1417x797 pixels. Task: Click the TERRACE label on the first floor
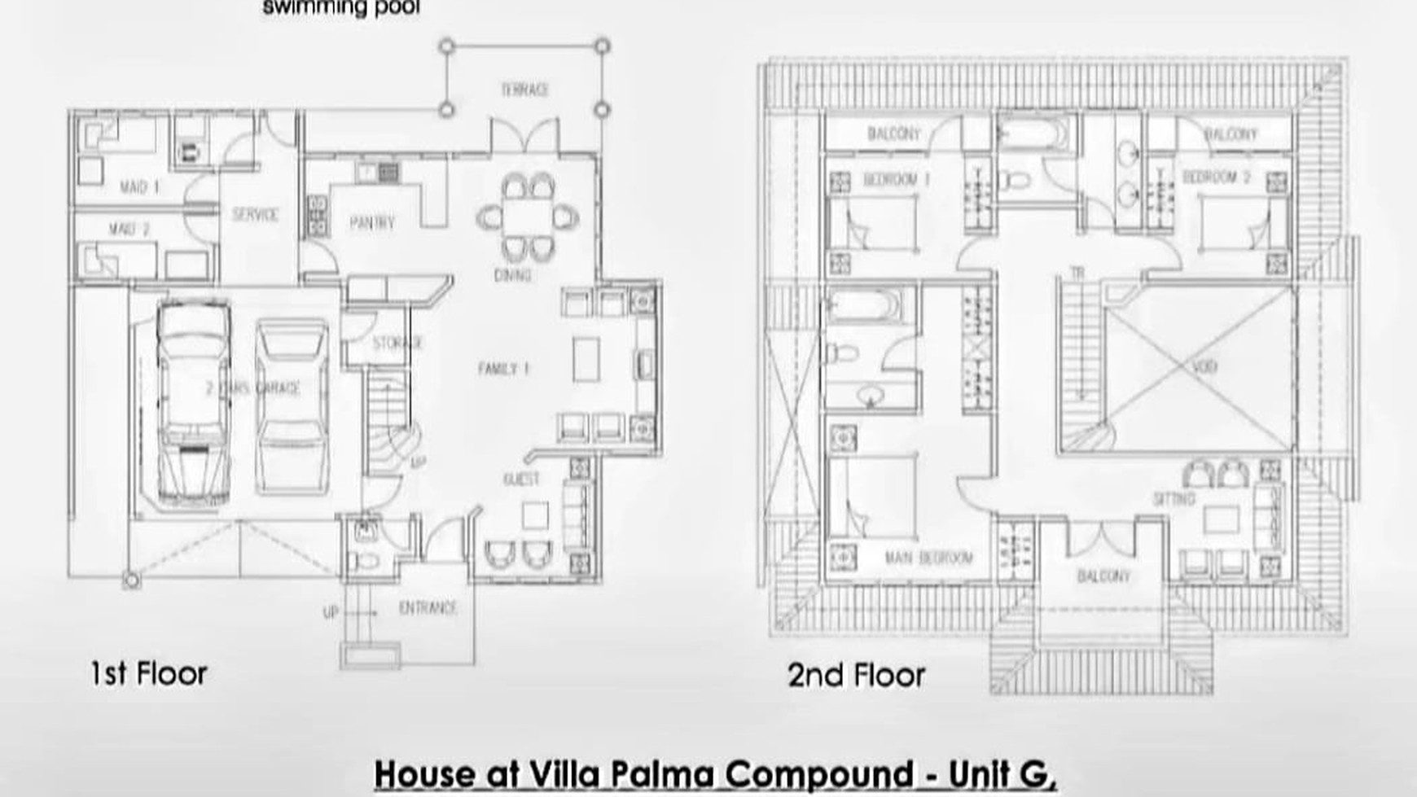click(524, 90)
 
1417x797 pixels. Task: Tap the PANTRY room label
click(372, 222)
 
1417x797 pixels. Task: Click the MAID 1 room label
click(139, 187)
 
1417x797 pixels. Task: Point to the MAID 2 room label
click(129, 230)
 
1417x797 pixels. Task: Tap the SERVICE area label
click(255, 215)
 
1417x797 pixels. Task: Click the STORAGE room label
click(397, 343)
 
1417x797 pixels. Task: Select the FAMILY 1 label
click(503, 369)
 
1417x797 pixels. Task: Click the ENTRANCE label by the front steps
click(428, 608)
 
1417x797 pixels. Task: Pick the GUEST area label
click(521, 480)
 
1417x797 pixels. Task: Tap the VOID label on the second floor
click(1204, 366)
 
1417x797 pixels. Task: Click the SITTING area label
click(1174, 498)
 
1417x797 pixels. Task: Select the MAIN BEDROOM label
click(928, 558)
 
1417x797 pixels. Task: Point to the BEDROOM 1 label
click(896, 180)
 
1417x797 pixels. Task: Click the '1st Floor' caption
click(149, 674)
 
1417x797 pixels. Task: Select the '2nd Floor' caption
click(856, 675)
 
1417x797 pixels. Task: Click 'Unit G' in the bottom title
click(1002, 774)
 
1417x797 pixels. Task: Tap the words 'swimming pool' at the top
click(341, 9)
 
